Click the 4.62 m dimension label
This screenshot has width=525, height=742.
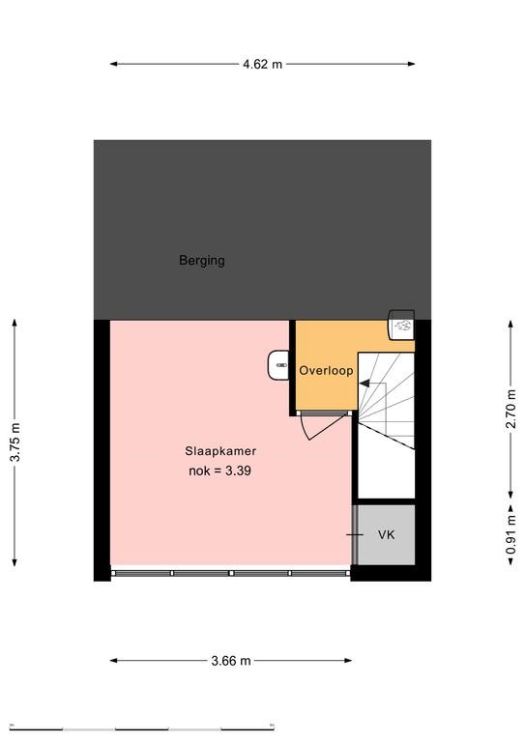(262, 64)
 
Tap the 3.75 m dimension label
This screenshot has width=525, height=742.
(15, 442)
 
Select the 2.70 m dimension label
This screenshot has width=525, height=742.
(511, 409)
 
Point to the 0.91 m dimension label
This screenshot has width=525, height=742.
(511, 534)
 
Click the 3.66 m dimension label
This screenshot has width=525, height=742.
(230, 661)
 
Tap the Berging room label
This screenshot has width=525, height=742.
(202, 260)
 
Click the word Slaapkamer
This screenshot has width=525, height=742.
(220, 451)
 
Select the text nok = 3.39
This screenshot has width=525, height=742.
(219, 471)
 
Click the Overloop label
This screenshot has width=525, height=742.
(326, 370)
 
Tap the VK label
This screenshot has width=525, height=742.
(387, 534)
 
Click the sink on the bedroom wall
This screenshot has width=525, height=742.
(278, 365)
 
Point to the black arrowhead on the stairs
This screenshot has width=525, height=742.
(365, 384)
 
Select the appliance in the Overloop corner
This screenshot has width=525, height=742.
(401, 325)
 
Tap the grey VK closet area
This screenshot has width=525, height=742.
(387, 534)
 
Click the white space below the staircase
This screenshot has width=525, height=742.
(386, 473)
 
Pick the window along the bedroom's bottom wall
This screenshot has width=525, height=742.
(230, 573)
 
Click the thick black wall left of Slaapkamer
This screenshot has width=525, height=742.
(102, 450)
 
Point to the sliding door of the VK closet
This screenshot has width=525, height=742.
(354, 534)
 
